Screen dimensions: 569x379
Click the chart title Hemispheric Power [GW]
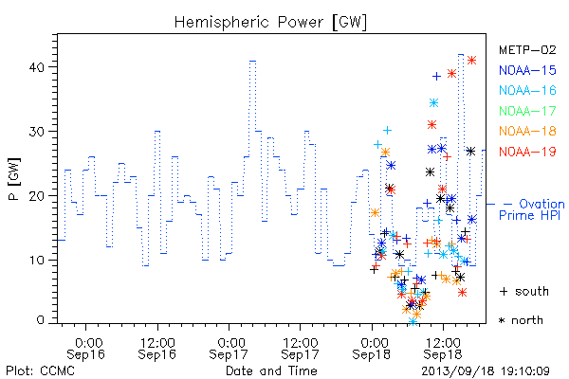(270, 23)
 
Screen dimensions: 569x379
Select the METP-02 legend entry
(527, 49)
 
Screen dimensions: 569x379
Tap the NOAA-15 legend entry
(527, 70)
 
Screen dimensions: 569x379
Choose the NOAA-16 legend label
(527, 90)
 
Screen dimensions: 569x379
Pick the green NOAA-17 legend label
(527, 111)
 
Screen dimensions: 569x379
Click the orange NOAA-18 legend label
(527, 131)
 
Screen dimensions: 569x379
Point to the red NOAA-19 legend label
(527, 152)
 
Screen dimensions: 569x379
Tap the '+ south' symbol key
(524, 291)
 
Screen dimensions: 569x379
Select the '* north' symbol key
(521, 320)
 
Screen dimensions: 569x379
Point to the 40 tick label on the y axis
(36, 67)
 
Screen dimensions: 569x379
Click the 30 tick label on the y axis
(36, 132)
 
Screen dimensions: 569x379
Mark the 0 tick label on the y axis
(40, 320)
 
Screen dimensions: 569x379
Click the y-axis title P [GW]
(15, 179)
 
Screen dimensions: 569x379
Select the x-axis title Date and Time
(271, 370)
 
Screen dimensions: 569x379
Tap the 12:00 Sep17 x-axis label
(300, 348)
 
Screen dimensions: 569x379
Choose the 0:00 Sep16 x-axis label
(85, 348)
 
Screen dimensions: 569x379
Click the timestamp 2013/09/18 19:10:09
(486, 371)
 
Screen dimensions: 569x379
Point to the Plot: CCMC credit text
(40, 370)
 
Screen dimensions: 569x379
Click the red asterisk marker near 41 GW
(471, 61)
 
